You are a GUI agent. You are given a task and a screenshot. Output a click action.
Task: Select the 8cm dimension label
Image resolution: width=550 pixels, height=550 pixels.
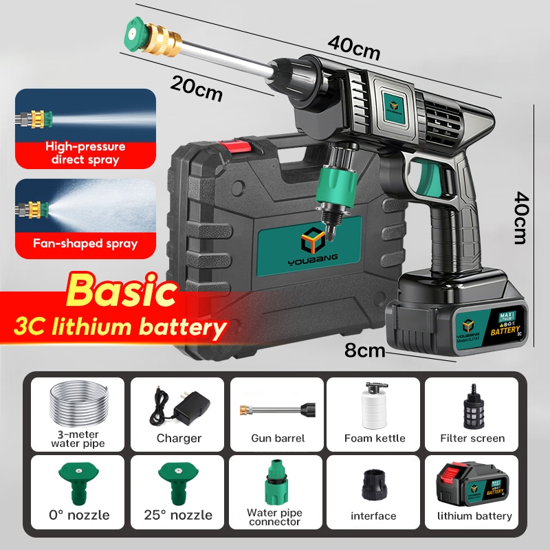point(364,351)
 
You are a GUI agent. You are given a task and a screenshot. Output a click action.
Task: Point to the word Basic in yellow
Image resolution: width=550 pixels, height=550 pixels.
point(122,291)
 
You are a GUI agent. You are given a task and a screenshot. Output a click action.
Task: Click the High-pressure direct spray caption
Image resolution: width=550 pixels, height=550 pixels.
point(85,153)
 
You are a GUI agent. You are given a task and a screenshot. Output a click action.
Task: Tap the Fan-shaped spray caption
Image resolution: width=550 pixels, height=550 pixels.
point(85,243)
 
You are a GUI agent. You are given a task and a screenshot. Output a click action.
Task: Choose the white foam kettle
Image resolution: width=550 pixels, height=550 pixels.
point(375,406)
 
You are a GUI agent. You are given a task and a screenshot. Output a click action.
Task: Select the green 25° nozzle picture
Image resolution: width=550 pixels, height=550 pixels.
point(178,482)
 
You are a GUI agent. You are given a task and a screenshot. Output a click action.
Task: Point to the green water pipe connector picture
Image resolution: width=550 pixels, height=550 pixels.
point(276,481)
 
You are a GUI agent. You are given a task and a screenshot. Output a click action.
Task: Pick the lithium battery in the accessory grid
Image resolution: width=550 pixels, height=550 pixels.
point(473,482)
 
